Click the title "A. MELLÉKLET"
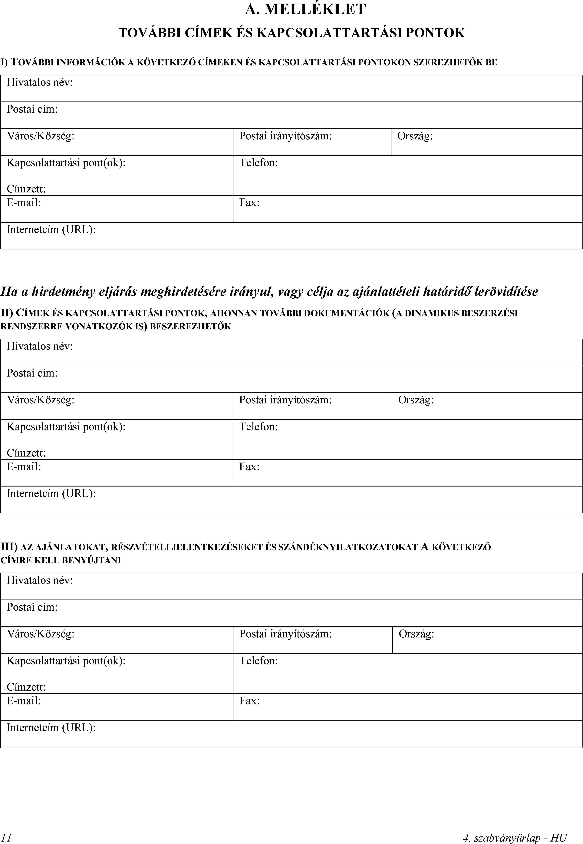(305, 9)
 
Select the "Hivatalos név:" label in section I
(40, 83)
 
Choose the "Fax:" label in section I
(249, 203)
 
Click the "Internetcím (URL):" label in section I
(51, 229)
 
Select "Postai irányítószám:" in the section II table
(286, 400)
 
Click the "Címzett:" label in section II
(26, 453)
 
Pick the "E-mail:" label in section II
(24, 467)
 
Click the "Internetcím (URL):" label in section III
(51, 727)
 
